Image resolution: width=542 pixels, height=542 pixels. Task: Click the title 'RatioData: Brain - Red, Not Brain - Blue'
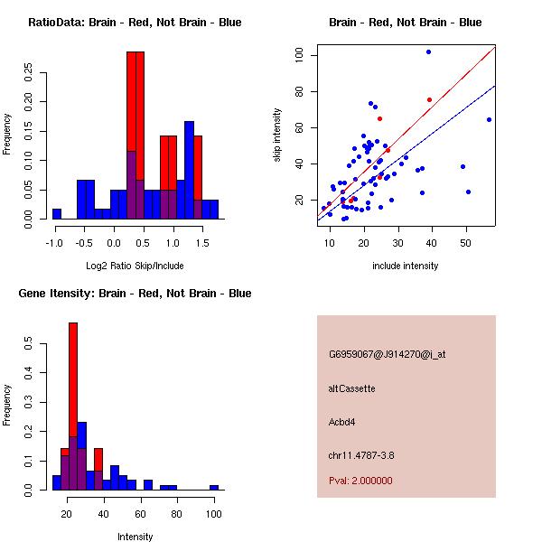pyautogui.click(x=135, y=23)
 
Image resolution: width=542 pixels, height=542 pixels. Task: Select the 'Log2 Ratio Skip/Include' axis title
pyautogui.click(x=135, y=266)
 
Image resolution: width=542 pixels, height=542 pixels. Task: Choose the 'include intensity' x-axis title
pyautogui.click(x=406, y=266)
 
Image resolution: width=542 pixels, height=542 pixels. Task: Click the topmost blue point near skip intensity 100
pyautogui.click(x=428, y=51)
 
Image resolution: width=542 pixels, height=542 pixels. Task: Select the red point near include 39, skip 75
pyautogui.click(x=429, y=99)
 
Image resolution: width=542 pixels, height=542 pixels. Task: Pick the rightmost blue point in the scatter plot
pyautogui.click(x=489, y=119)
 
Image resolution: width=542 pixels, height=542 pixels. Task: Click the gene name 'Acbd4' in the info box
pyautogui.click(x=343, y=422)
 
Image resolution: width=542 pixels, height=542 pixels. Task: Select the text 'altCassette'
pyautogui.click(x=352, y=388)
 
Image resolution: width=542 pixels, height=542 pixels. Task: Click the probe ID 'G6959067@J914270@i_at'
pyautogui.click(x=387, y=354)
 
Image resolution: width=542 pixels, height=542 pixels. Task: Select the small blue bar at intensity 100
pyautogui.click(x=214, y=487)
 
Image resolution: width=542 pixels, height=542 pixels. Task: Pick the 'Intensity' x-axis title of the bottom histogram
pyautogui.click(x=135, y=537)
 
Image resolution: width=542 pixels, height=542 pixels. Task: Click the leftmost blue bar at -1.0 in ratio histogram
pyautogui.click(x=57, y=214)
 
